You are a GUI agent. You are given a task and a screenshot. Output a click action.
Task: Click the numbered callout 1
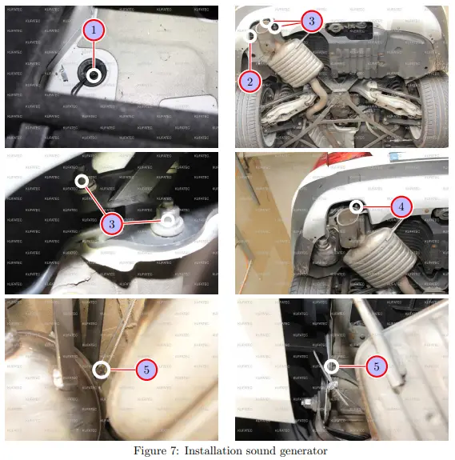pyautogui.click(x=94, y=31)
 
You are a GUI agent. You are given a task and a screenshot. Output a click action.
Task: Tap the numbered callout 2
pyautogui.click(x=249, y=82)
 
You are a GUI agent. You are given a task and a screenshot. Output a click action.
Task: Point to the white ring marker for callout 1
pyautogui.click(x=94, y=76)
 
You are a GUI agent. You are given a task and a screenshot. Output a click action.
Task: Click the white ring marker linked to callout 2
pyautogui.click(x=251, y=36)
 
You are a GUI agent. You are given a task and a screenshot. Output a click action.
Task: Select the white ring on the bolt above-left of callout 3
pyautogui.click(x=82, y=180)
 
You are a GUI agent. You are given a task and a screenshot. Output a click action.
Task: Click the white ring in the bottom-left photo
pyautogui.click(x=101, y=369)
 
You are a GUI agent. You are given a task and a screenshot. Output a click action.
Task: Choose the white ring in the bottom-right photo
pyautogui.click(x=331, y=366)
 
